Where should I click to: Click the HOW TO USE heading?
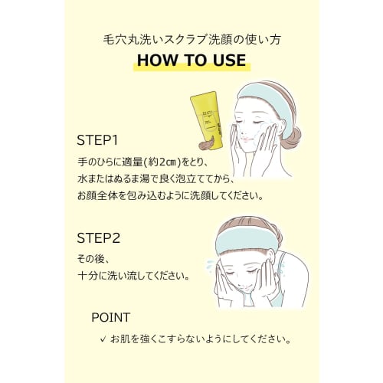(191, 61)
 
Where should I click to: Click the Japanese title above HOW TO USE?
(191, 38)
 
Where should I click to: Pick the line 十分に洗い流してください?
(133, 274)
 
